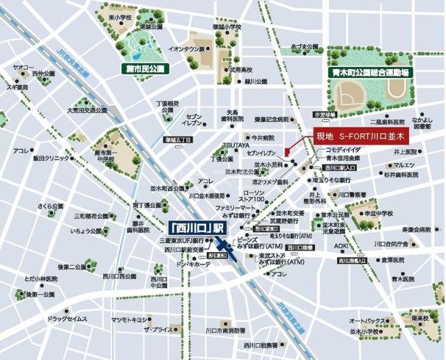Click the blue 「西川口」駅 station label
coord(197,228)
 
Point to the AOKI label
coord(340,246)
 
